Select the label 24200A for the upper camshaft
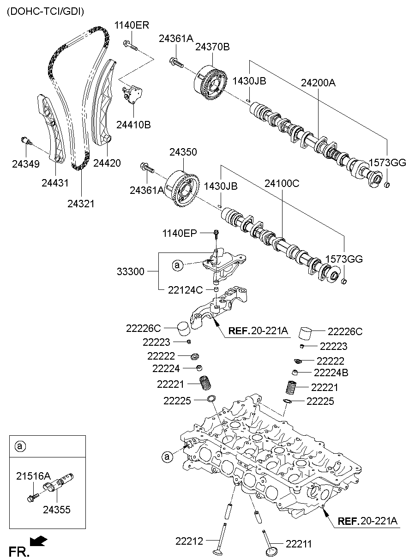pyautogui.click(x=318, y=83)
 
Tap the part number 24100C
pyautogui.click(x=282, y=183)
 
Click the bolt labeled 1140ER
pyautogui.click(x=131, y=46)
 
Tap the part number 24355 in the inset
pyautogui.click(x=57, y=510)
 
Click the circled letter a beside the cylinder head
pyautogui.click(x=167, y=457)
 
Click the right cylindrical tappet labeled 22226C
pyautogui.click(x=306, y=334)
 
